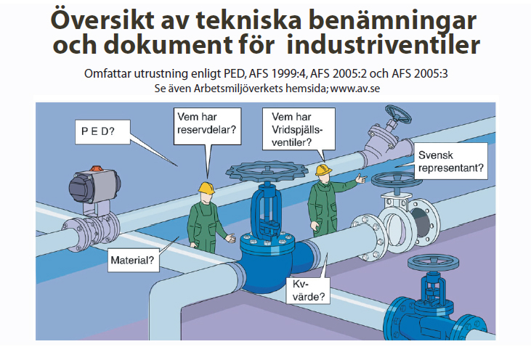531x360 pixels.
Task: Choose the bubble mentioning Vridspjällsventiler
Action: (x=297, y=128)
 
